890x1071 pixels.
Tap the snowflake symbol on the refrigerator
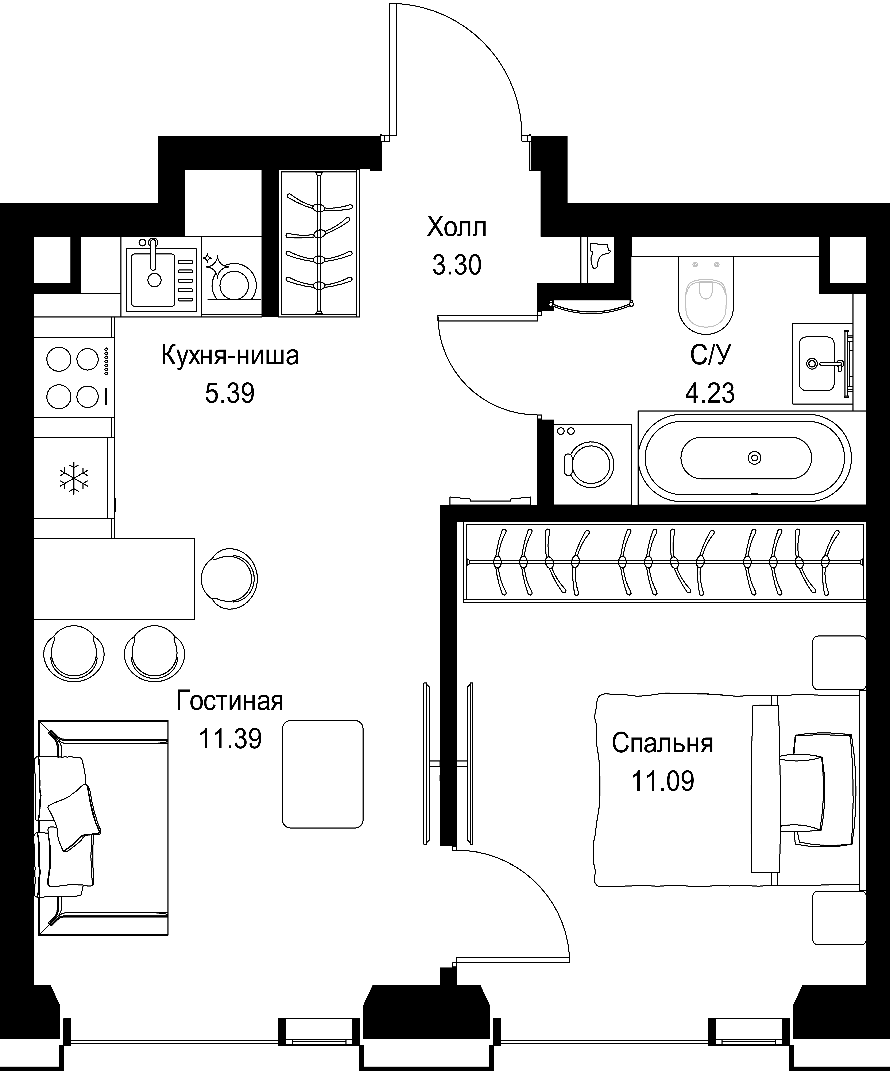coord(74,478)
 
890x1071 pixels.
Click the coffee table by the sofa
coord(323,774)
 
